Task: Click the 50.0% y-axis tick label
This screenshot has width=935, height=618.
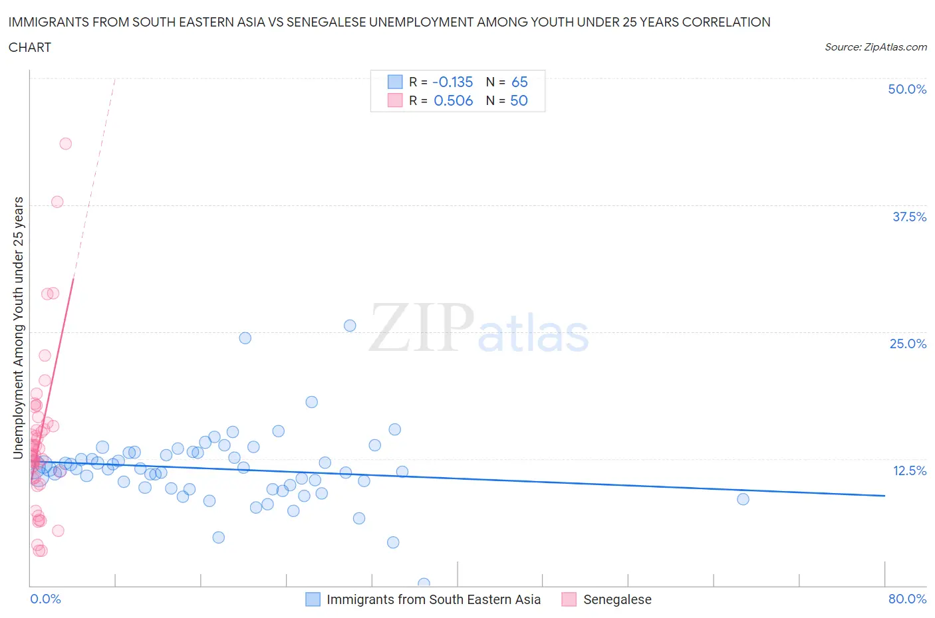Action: tap(907, 89)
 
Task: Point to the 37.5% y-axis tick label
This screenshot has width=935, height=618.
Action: tap(909, 217)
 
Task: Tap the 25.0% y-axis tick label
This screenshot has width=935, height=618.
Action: tap(908, 344)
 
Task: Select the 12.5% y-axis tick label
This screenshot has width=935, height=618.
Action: tap(909, 470)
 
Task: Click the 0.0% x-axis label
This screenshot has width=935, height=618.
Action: tap(45, 599)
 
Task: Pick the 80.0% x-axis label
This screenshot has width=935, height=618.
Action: tap(907, 599)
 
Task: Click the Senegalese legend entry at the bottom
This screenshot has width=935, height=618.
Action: tap(616, 599)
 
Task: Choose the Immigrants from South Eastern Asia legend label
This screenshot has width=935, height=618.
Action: tap(434, 599)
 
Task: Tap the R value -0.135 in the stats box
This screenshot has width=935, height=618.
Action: tap(452, 82)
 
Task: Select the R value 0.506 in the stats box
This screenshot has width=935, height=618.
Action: tap(453, 101)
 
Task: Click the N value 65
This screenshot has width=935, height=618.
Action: tap(519, 82)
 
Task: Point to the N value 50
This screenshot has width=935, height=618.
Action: tap(519, 101)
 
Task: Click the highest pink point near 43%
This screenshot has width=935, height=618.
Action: tap(65, 144)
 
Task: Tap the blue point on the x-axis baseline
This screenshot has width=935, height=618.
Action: tap(424, 584)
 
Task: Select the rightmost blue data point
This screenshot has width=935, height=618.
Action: tap(743, 499)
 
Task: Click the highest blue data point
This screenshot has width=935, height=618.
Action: tap(350, 326)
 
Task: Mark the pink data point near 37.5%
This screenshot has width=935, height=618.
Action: tap(57, 202)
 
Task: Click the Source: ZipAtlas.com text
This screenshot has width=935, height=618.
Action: tap(875, 47)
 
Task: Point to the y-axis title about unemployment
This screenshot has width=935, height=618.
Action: tap(19, 328)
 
